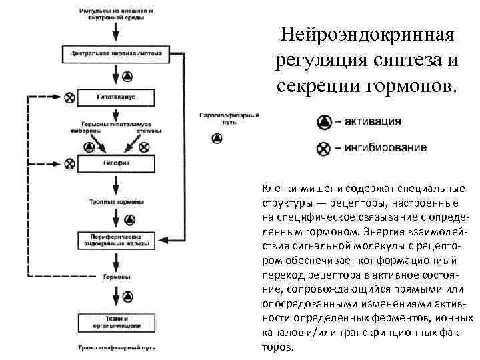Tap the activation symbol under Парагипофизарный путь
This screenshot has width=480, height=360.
pyautogui.click(x=216, y=138)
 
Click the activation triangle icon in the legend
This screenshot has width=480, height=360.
pyautogui.click(x=323, y=121)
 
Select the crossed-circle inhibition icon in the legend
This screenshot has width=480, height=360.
pyautogui.click(x=323, y=148)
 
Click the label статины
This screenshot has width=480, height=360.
pyautogui.click(x=147, y=132)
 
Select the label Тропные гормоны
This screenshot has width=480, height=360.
pyautogui.click(x=112, y=201)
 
